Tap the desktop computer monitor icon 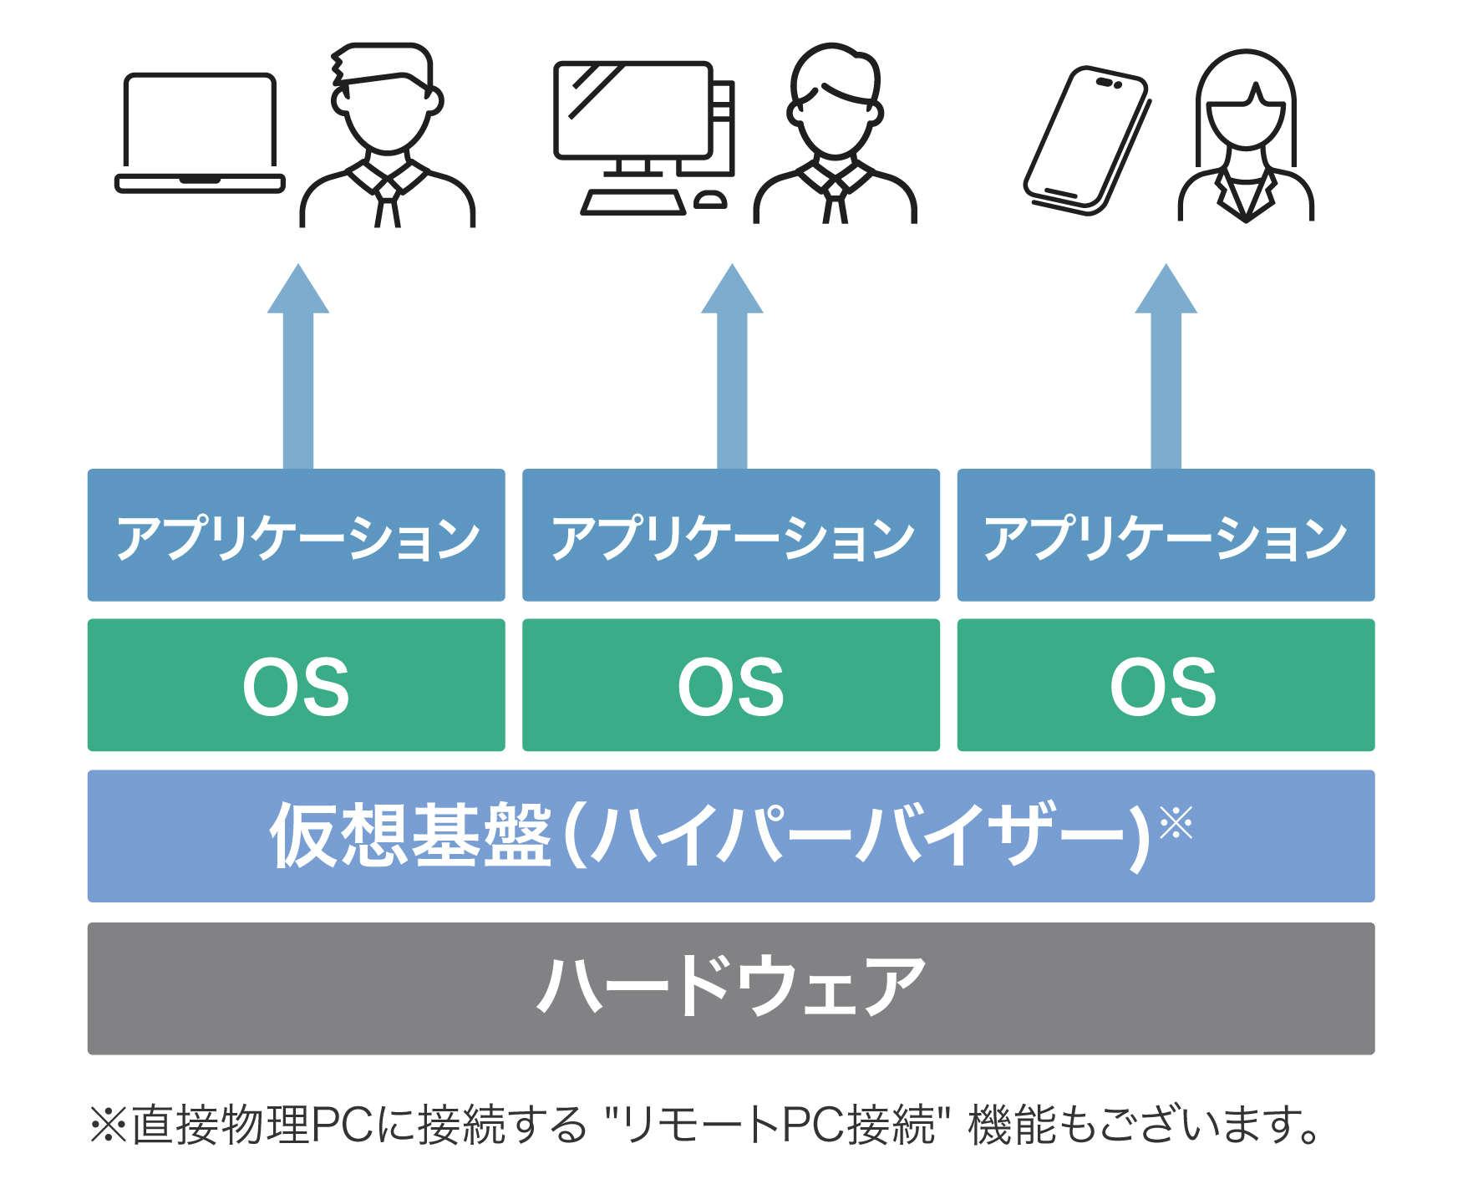tap(633, 110)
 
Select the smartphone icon tap(1087, 140)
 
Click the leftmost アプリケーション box tap(297, 535)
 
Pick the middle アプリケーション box tap(731, 535)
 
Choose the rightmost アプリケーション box tap(1166, 535)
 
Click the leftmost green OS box tap(297, 685)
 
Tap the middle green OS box tap(731, 685)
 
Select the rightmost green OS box tap(1166, 685)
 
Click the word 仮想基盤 tap(410, 835)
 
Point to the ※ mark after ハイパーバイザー tap(1176, 822)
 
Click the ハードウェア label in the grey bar tap(731, 987)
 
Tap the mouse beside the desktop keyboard tap(710, 200)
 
